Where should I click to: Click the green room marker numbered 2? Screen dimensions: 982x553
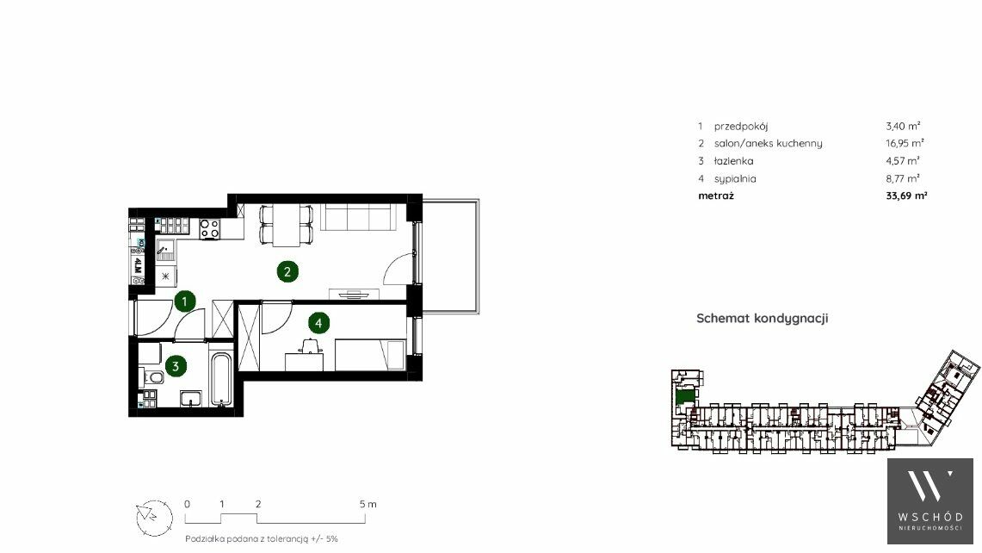pyautogui.click(x=287, y=271)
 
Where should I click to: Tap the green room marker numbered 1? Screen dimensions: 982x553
pyautogui.click(x=184, y=301)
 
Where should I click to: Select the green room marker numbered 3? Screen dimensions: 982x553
pyautogui.click(x=176, y=366)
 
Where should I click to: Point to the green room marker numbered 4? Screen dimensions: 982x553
pyautogui.click(x=318, y=324)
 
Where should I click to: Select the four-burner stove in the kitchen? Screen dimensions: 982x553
pyautogui.click(x=210, y=228)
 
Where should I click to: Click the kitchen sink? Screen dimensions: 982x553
pyautogui.click(x=166, y=250)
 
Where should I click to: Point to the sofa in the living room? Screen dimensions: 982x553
pyautogui.click(x=358, y=218)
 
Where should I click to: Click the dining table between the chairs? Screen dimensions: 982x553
pyautogui.click(x=287, y=225)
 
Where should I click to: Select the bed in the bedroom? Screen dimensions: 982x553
pyautogui.click(x=370, y=355)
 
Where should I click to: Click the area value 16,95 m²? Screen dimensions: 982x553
pyautogui.click(x=905, y=143)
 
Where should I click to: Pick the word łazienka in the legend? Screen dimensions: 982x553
pyautogui.click(x=733, y=161)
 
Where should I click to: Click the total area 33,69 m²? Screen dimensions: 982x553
pyautogui.click(x=906, y=196)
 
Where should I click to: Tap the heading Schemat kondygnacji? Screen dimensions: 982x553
pyautogui.click(x=763, y=319)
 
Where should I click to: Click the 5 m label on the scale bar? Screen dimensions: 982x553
pyautogui.click(x=368, y=504)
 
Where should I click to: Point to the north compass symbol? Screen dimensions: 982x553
pyautogui.click(x=154, y=518)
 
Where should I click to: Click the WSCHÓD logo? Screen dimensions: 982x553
pyautogui.click(x=930, y=501)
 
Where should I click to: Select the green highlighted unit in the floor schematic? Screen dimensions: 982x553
pyautogui.click(x=685, y=397)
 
